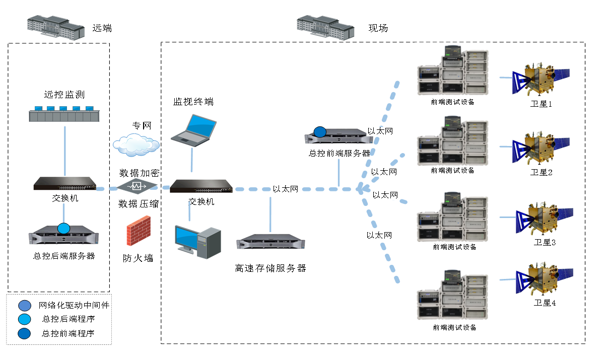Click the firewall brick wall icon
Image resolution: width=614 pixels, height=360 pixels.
(139, 231)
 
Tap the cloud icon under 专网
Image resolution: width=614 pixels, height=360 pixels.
(136, 145)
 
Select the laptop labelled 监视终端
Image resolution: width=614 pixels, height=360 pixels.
(194, 130)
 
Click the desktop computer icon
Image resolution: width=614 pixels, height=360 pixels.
(197, 242)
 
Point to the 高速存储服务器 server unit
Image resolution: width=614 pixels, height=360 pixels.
(270, 242)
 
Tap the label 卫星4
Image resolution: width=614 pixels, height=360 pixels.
(544, 303)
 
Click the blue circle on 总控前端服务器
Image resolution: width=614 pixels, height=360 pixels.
(320, 132)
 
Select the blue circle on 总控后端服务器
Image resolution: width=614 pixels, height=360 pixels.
(64, 228)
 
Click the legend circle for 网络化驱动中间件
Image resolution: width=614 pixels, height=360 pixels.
(24, 305)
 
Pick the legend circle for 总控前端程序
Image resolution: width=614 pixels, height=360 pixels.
(24, 333)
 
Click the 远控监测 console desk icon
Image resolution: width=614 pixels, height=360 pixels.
(61, 114)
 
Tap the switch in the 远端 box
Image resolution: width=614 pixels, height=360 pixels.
(64, 184)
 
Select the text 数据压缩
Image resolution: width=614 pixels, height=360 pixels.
(139, 204)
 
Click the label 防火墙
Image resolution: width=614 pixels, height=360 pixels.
(138, 258)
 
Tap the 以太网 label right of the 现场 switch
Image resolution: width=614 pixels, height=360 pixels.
(286, 189)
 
